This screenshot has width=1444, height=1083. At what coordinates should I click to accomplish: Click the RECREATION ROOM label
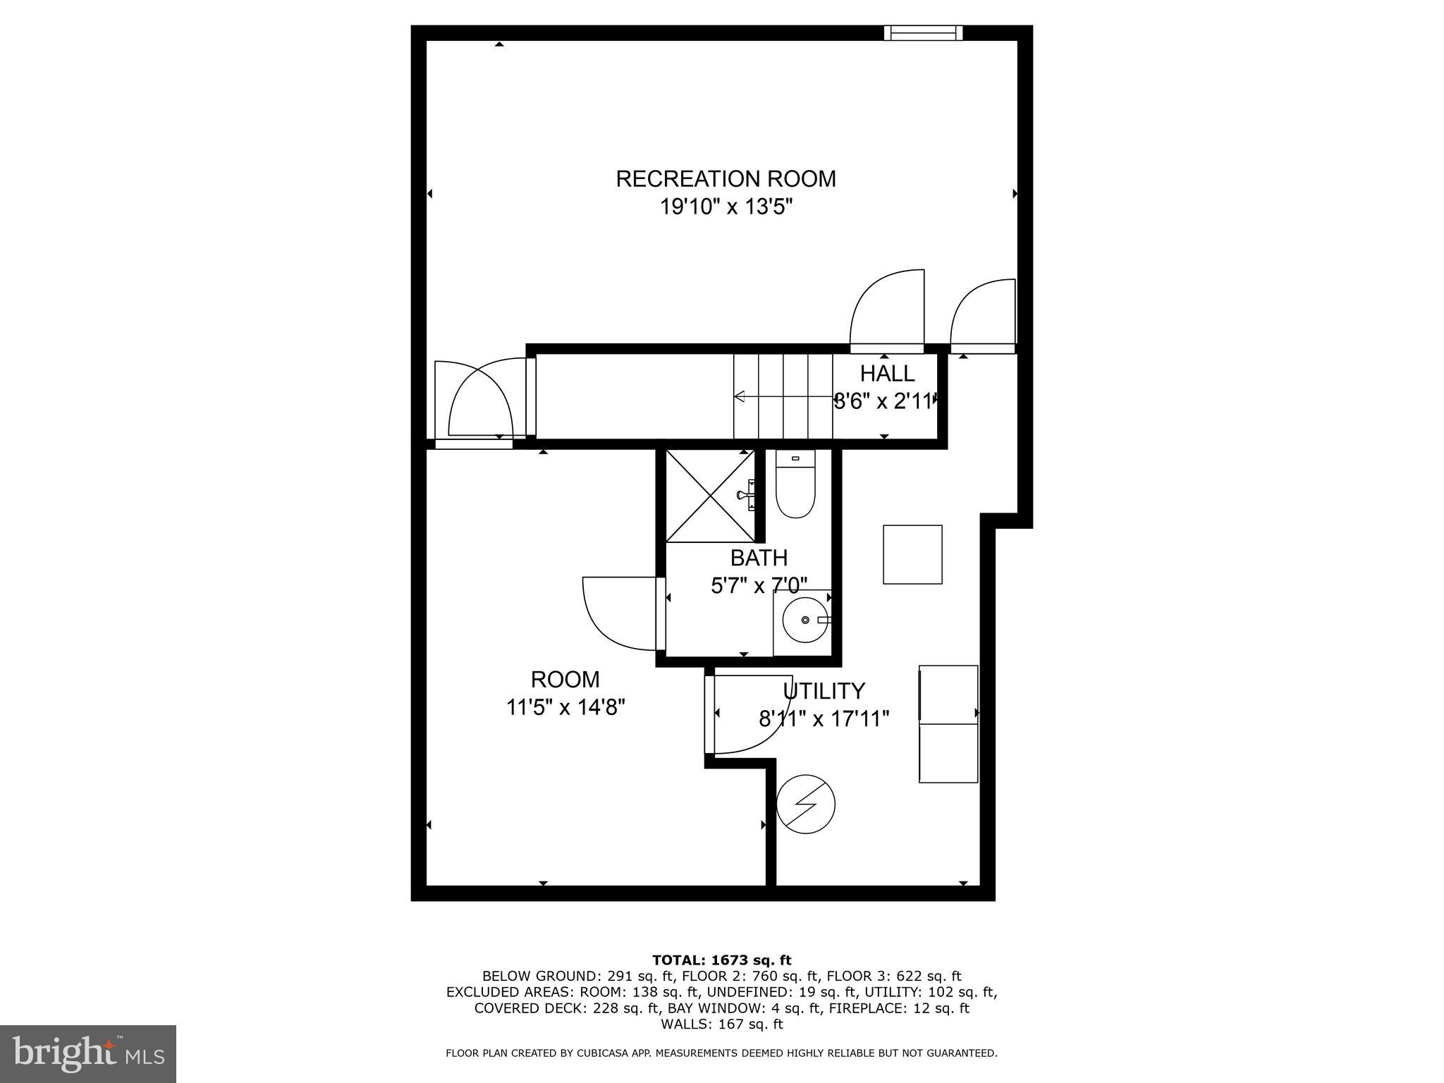click(726, 178)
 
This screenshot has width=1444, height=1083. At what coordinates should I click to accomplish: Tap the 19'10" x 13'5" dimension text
click(726, 207)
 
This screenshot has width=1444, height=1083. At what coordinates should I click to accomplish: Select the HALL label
click(887, 373)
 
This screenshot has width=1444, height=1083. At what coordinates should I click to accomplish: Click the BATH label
click(759, 558)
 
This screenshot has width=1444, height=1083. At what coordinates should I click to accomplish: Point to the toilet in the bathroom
click(795, 487)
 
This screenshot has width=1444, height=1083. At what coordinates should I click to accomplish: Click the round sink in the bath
click(805, 620)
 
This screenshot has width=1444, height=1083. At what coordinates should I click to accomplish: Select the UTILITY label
click(824, 690)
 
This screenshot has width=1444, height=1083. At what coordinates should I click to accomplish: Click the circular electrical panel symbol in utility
click(805, 804)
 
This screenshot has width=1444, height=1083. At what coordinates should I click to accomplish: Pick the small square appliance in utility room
click(912, 554)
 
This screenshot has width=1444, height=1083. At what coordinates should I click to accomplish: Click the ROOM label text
click(565, 680)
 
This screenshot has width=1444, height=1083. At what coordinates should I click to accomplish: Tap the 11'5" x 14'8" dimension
click(565, 706)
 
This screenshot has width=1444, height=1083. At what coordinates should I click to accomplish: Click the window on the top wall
click(924, 32)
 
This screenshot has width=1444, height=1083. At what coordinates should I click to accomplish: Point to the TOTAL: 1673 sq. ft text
click(721, 960)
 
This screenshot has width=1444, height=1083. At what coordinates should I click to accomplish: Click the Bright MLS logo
click(88, 1053)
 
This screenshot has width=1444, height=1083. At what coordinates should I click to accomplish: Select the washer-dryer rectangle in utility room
click(948, 723)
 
